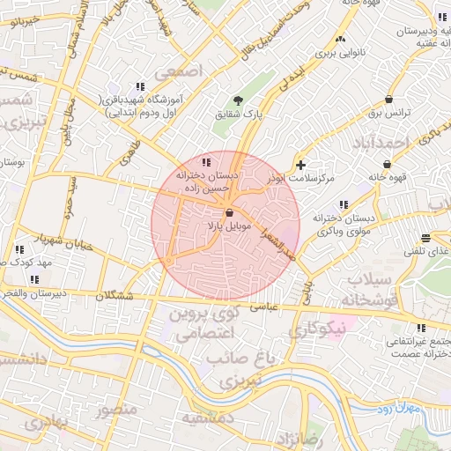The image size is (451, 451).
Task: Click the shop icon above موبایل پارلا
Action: point(229,212)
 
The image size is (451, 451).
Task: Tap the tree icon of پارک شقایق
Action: point(237,100)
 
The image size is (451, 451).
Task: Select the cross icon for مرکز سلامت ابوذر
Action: point(301,165)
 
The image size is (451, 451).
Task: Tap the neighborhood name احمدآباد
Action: point(381,143)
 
